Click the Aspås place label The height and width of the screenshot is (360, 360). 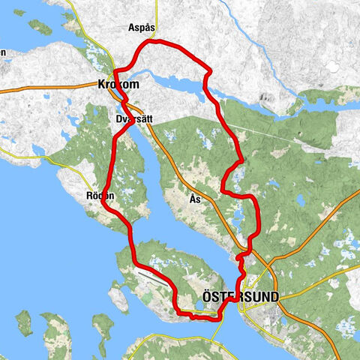pos(141,27)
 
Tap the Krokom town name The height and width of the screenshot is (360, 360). pos(118,85)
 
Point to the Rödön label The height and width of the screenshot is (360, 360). pos(100,196)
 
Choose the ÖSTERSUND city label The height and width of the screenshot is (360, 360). pos(240,297)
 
